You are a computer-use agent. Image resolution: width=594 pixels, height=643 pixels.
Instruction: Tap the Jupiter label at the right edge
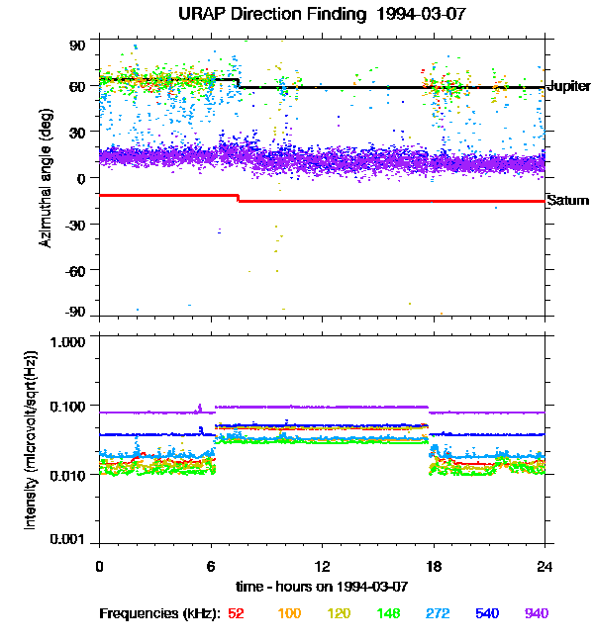[568, 87]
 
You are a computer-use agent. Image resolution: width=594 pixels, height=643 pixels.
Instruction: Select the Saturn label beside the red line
[568, 201]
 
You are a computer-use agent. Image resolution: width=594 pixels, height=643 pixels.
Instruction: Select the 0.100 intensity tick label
[67, 407]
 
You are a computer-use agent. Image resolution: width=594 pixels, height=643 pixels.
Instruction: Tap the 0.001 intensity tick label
[67, 540]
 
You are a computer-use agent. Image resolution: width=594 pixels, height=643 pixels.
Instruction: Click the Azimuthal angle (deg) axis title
[46, 178]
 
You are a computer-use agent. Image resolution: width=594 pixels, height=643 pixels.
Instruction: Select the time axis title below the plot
[322, 586]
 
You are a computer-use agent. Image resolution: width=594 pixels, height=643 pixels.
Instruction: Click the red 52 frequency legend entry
[236, 613]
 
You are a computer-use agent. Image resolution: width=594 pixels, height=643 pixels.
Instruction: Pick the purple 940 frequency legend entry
[536, 613]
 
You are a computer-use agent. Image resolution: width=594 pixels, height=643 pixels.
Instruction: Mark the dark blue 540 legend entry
[487, 613]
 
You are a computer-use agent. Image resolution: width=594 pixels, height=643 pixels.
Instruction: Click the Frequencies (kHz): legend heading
[158, 613]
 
